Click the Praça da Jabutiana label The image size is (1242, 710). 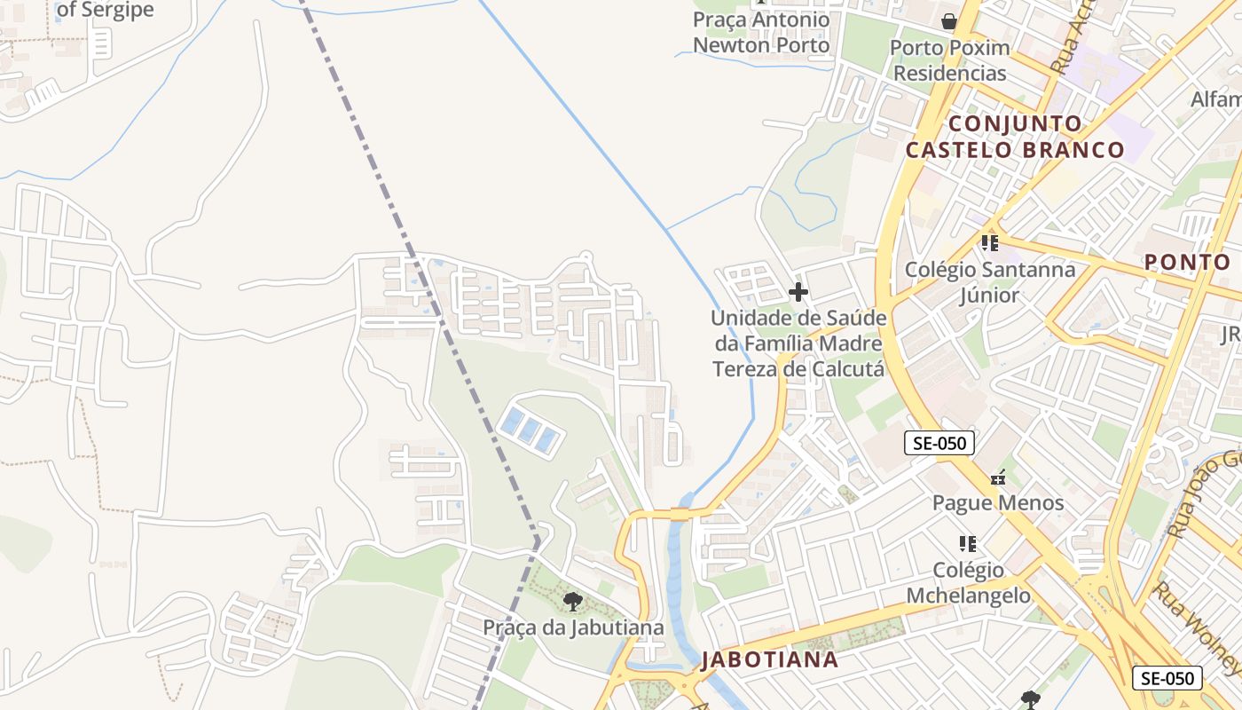[x=573, y=627]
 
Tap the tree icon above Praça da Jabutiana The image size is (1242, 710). [x=573, y=602]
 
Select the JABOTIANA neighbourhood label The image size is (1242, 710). [x=769, y=659]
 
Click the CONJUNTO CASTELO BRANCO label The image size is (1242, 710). [x=1014, y=137]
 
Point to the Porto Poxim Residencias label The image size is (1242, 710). [x=949, y=60]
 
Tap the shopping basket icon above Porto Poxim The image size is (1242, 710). [x=949, y=21]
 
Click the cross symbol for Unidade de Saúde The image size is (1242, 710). [x=798, y=291]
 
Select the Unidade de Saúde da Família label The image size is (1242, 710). [x=798, y=343]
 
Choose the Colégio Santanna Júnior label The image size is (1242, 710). [x=990, y=281]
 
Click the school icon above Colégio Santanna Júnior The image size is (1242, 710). [x=990, y=242]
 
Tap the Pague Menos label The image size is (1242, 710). [x=998, y=503]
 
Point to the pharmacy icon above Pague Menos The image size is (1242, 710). [x=998, y=478]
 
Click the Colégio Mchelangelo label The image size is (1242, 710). [x=969, y=582]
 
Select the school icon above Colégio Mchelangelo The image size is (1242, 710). [x=968, y=543]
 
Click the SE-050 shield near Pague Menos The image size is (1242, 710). [x=939, y=443]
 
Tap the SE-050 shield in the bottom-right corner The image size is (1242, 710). [x=1167, y=678]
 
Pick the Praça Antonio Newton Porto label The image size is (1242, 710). [x=761, y=33]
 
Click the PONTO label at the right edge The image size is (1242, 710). [x=1187, y=262]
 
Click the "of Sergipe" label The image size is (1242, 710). [x=105, y=11]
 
